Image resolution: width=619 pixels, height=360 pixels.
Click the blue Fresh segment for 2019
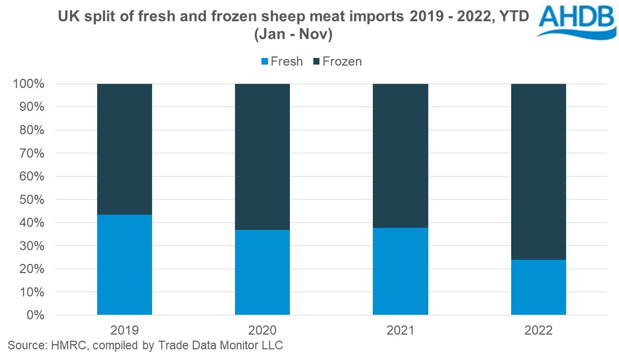[x=125, y=264]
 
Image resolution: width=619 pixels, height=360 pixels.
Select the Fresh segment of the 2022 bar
[x=538, y=287]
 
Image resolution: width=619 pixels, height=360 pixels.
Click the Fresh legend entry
[x=282, y=62]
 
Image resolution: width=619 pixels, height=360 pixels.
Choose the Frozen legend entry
[x=338, y=62]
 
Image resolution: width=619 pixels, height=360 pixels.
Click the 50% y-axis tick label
[x=33, y=200]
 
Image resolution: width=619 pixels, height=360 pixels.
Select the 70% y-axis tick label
[x=33, y=154]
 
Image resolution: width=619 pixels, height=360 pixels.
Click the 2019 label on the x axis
[x=125, y=331]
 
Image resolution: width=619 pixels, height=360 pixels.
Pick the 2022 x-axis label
[x=538, y=331]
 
